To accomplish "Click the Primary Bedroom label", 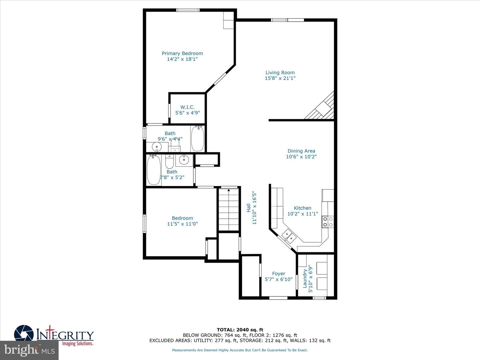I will click(x=182, y=53).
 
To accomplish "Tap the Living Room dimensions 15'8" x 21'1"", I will click(x=280, y=78).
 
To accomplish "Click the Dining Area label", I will click(x=301, y=151).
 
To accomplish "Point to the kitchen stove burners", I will click(x=327, y=222).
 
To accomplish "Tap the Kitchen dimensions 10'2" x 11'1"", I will click(x=303, y=214).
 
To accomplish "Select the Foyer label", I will click(x=278, y=274).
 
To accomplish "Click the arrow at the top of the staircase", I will click(x=229, y=190).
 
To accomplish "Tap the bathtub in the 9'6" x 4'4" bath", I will click(x=197, y=138).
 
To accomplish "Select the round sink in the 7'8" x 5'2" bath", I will click(x=184, y=160).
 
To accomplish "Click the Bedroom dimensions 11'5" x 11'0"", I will click(x=182, y=224).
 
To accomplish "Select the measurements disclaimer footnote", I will click(x=240, y=350).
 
